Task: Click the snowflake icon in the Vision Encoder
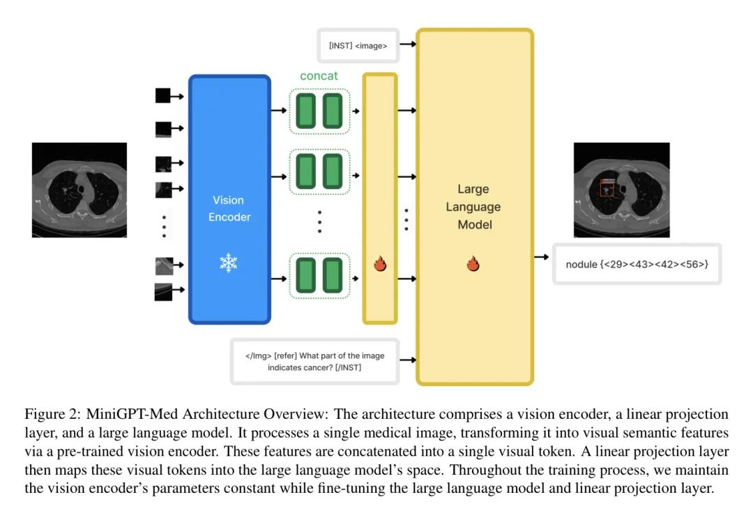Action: tap(229, 263)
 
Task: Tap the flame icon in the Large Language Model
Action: tap(473, 264)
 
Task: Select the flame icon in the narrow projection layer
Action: tap(380, 264)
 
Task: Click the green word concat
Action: tap(319, 75)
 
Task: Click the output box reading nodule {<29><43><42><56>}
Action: tap(637, 265)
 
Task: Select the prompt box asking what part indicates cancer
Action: tap(314, 361)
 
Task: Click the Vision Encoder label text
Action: tap(229, 208)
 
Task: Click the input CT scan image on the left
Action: tap(79, 190)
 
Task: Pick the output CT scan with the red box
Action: tap(621, 190)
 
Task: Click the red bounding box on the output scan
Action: tap(607, 187)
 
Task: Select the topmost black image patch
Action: tap(162, 95)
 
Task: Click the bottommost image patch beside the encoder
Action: tap(162, 292)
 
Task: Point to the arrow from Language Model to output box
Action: tap(541, 257)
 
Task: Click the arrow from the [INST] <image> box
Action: tap(409, 45)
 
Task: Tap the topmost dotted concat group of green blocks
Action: tap(319, 111)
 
